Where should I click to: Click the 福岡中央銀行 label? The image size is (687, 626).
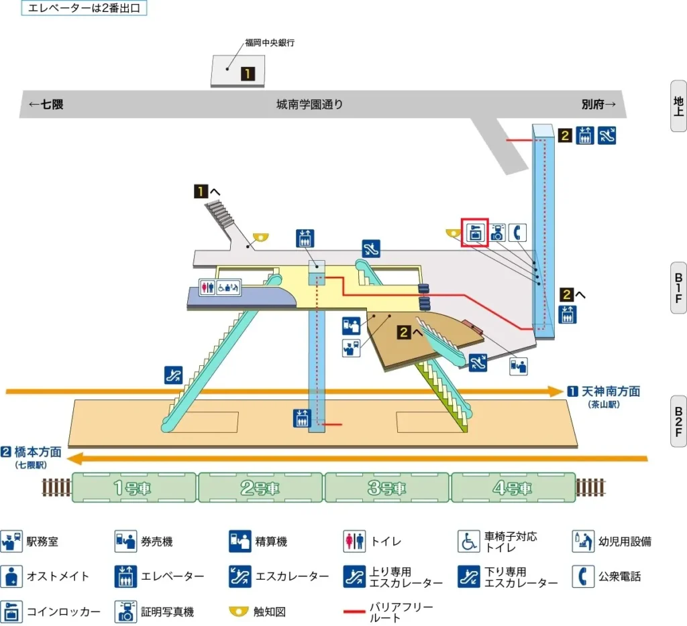270,42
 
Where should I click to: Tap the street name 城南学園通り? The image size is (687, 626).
309,105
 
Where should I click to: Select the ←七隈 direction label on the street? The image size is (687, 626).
46,105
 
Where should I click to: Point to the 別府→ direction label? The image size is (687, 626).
598,105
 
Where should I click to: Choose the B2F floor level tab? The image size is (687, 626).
678,421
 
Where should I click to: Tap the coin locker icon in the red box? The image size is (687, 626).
474,232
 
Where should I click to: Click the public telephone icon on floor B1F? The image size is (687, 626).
517,232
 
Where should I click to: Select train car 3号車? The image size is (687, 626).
387,488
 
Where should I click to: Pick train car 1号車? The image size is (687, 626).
134,488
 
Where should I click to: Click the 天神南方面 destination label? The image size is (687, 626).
610,391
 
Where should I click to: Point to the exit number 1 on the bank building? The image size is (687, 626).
248,74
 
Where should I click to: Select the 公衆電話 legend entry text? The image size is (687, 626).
619,576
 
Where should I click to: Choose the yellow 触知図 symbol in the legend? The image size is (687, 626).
240,611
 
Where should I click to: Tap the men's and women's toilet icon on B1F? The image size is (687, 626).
207,286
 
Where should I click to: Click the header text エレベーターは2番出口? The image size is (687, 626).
84,9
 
